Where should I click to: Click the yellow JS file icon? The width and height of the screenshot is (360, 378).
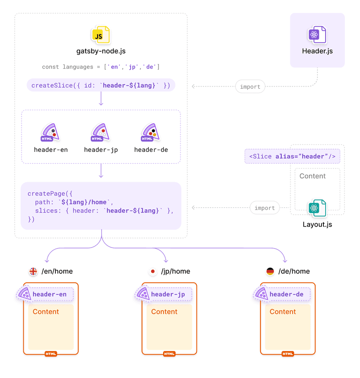tap(101, 35)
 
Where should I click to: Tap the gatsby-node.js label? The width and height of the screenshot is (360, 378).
tap(101, 51)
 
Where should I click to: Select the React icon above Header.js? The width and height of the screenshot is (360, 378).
tap(317, 35)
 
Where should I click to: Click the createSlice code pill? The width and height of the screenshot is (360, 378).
tap(101, 85)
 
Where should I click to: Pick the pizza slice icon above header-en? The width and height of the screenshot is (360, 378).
tap(50, 133)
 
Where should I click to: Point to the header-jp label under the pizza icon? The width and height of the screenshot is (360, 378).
tap(101, 150)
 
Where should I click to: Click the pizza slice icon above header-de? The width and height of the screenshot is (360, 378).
tap(151, 133)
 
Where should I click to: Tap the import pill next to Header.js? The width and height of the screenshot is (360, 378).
tap(250, 86)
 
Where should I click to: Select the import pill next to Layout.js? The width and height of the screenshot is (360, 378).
tap(265, 208)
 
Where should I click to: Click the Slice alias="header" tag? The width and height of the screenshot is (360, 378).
tap(292, 156)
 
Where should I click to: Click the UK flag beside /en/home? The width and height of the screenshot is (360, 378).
tap(33, 271)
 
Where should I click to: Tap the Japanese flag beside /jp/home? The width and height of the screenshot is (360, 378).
tap(153, 271)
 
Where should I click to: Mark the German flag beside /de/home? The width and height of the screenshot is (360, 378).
tap(270, 271)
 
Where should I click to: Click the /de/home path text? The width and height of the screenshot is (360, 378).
tap(294, 271)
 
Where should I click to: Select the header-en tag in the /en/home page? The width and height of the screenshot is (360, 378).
tap(49, 294)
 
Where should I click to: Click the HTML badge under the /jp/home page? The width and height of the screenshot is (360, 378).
tap(169, 354)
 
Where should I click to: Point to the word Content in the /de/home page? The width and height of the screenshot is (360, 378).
tap(283, 312)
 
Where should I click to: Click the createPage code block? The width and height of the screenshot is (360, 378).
tap(101, 205)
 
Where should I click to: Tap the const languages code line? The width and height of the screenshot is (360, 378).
tap(101, 67)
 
